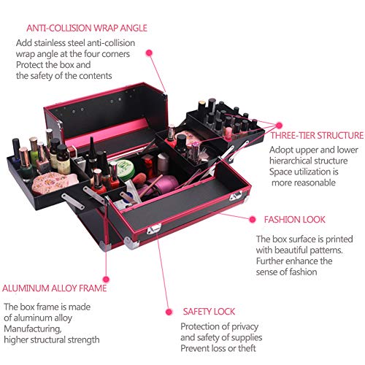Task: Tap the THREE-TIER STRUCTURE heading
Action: click(317, 135)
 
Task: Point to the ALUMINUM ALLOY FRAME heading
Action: click(55, 287)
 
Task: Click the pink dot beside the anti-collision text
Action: click(149, 53)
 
